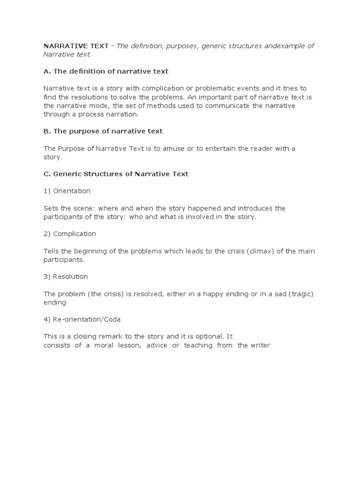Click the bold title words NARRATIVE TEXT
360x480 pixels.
pos(76,46)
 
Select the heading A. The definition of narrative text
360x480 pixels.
pos(106,71)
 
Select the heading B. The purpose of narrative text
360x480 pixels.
pos(103,131)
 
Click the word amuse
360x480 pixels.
pos(185,149)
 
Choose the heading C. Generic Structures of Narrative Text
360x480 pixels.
pos(116,174)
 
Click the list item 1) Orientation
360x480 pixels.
pos(67,191)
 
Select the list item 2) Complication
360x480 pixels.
pos(70,234)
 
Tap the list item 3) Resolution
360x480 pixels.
pos(66,277)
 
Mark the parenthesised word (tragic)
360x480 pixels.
pos(300,294)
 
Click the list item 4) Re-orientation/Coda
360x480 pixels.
pos(82,320)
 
